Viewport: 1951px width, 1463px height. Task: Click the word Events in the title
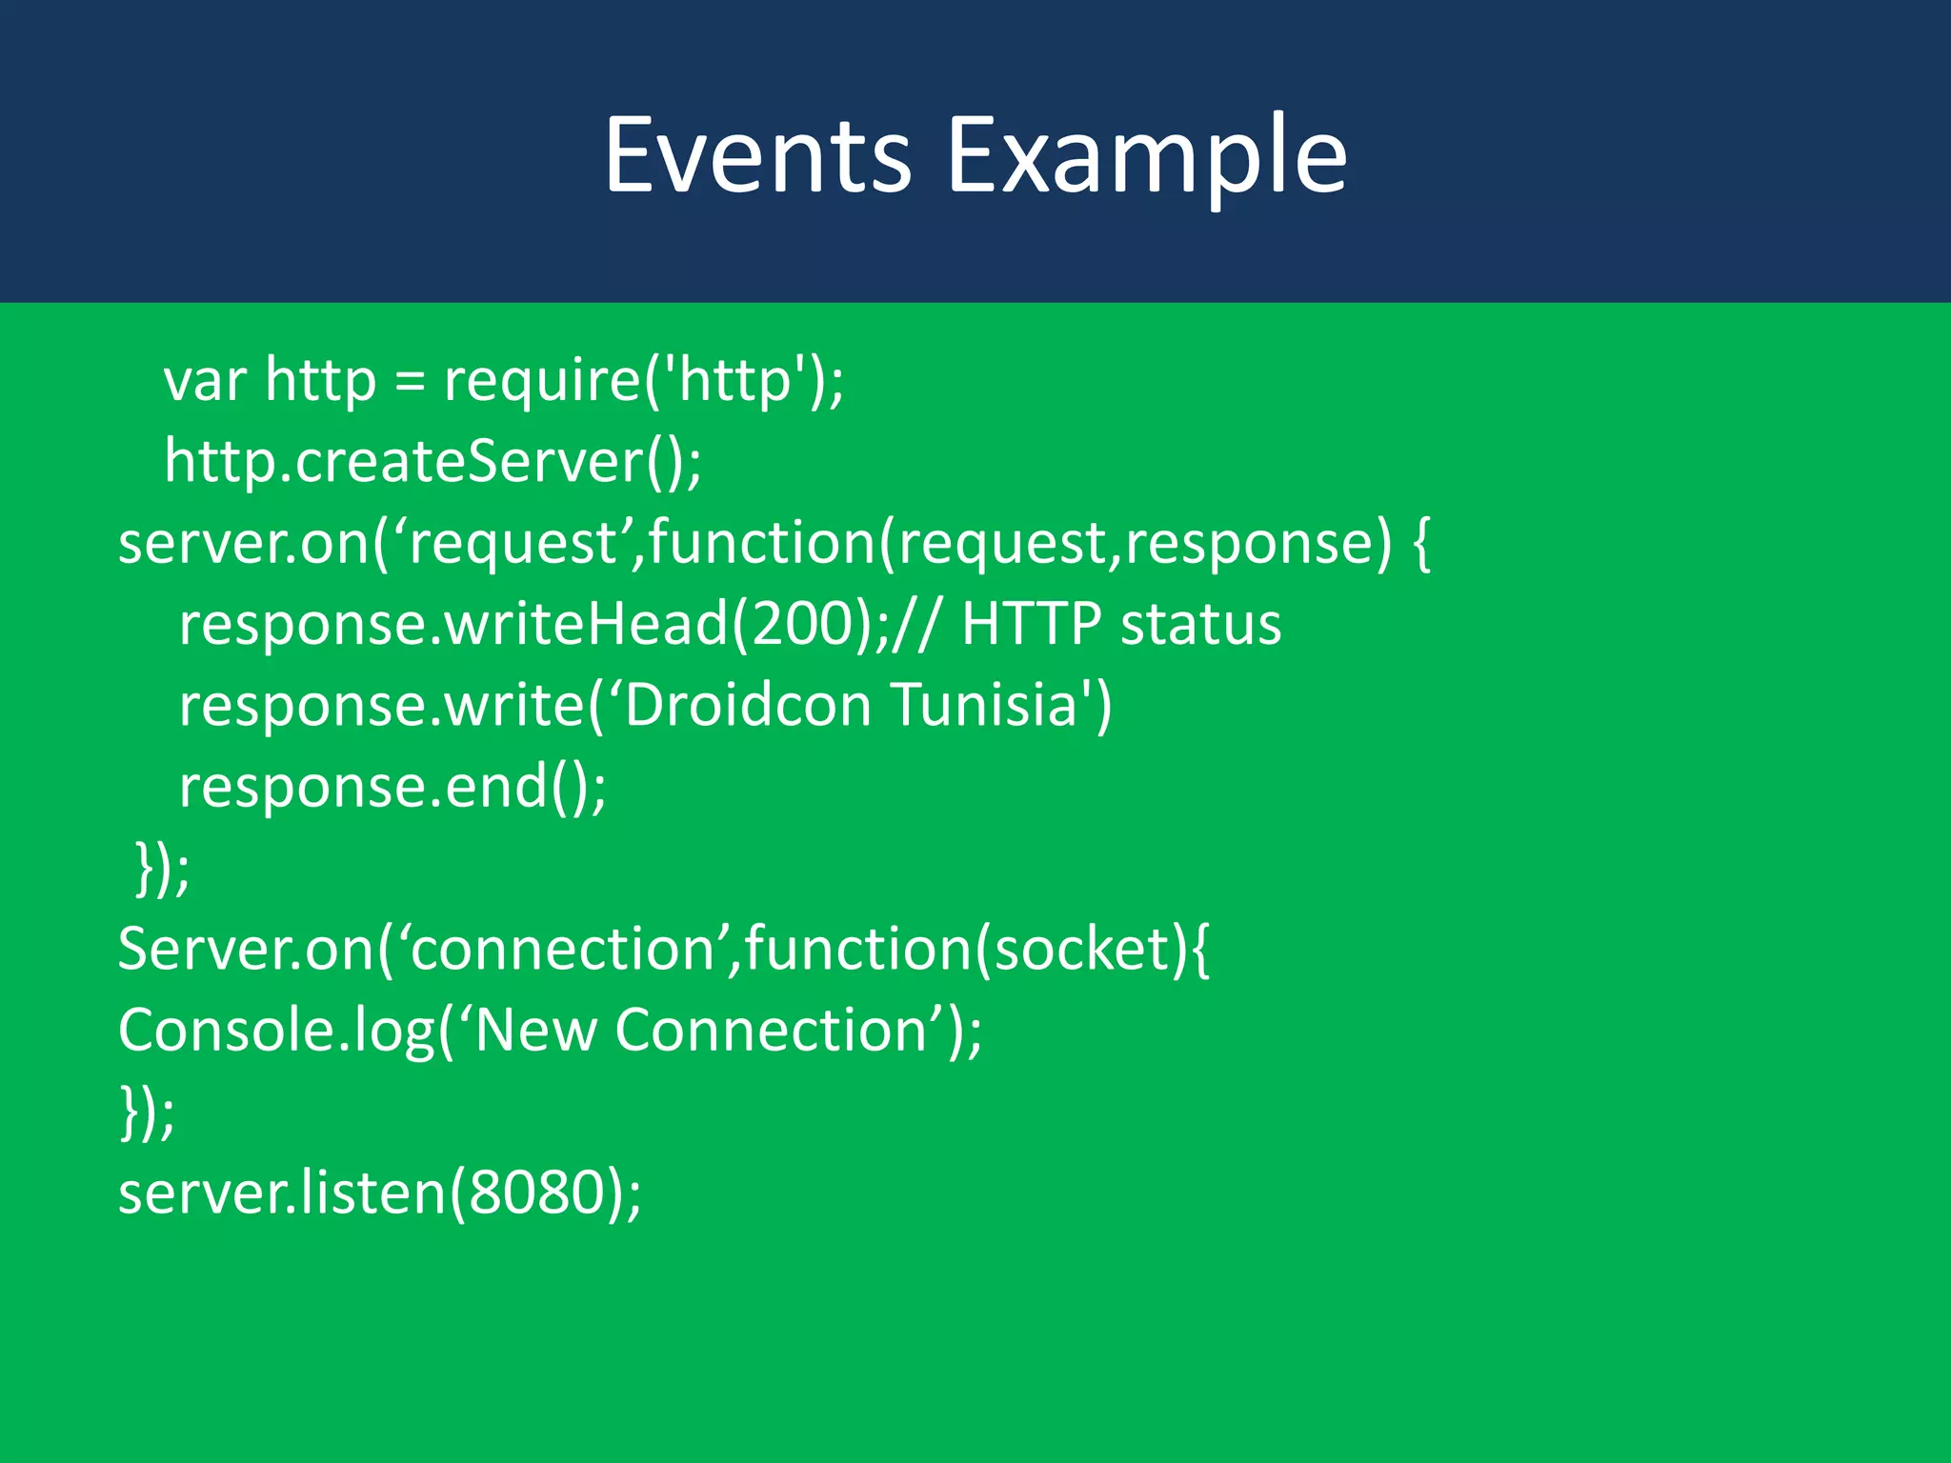point(757,155)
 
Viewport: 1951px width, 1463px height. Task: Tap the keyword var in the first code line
point(205,380)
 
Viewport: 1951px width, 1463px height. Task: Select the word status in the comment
point(1201,624)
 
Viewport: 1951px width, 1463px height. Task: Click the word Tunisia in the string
point(983,706)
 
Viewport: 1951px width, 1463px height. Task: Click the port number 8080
point(537,1192)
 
